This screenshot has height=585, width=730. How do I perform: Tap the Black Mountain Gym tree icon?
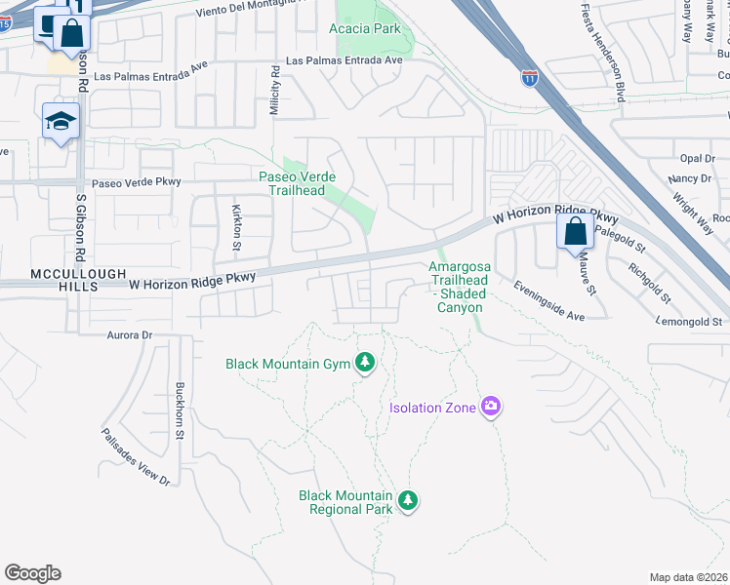click(x=366, y=364)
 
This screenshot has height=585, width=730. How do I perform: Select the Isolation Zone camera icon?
click(x=491, y=406)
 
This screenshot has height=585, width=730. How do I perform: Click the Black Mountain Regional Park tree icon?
click(x=408, y=501)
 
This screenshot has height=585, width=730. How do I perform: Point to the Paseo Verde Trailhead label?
click(x=298, y=183)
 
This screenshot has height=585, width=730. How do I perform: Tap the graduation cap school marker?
click(x=61, y=123)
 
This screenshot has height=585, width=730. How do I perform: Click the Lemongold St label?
click(x=689, y=321)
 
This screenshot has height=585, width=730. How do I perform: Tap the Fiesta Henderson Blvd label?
click(x=616, y=55)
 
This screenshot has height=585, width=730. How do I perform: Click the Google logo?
click(x=32, y=573)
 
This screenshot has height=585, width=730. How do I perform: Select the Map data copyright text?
click(x=689, y=577)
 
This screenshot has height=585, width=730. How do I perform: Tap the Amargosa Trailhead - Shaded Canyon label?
click(x=458, y=287)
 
